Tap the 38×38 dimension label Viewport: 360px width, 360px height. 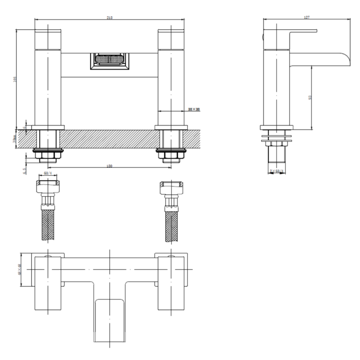click(193, 110)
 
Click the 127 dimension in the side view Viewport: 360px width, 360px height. click(307, 17)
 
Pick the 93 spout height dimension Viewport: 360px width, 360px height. click(311, 97)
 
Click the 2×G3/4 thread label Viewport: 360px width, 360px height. click(276, 171)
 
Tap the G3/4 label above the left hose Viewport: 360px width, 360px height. click(48, 173)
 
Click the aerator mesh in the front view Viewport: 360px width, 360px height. click(109, 60)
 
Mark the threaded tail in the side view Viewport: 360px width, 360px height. click(276, 156)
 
